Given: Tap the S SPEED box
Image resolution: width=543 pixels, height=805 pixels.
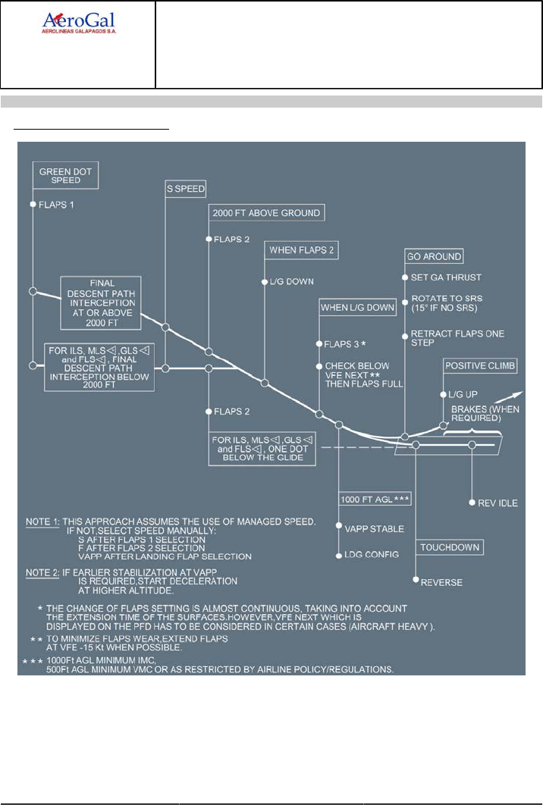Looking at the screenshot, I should pyautogui.click(x=187, y=188).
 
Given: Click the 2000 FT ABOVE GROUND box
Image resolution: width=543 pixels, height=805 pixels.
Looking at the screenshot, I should pyautogui.click(x=266, y=214).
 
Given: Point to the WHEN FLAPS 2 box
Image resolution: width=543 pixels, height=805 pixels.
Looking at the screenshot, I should pyautogui.click(x=302, y=249).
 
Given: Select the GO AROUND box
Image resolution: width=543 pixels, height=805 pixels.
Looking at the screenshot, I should pyautogui.click(x=434, y=256).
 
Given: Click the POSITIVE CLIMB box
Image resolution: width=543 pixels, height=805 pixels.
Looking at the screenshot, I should pyautogui.click(x=480, y=366).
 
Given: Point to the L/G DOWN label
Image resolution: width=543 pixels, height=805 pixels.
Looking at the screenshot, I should pyautogui.click(x=292, y=281).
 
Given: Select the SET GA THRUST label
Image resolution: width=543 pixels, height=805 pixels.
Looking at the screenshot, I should pyautogui.click(x=445, y=277).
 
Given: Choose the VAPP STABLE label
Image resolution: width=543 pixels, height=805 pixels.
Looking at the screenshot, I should pyautogui.click(x=374, y=528).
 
